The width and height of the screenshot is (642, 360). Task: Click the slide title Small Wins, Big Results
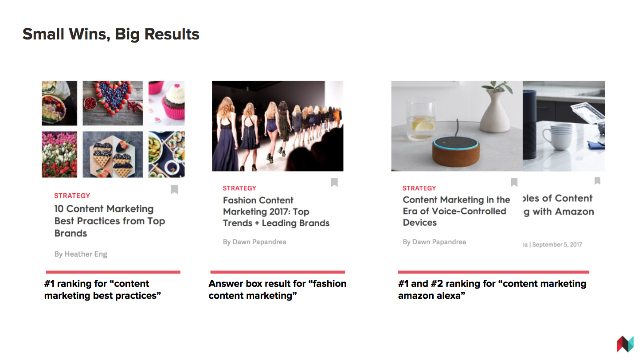pyautogui.click(x=111, y=35)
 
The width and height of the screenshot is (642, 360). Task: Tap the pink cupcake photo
pyautogui.click(x=167, y=103)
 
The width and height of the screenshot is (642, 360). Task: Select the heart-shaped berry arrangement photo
pyautogui.click(x=113, y=103)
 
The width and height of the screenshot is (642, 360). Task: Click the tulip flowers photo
pyautogui.click(x=59, y=154)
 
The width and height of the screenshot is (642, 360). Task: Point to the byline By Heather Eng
pyautogui.click(x=81, y=254)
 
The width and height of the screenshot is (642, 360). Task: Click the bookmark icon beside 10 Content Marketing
pyautogui.click(x=174, y=189)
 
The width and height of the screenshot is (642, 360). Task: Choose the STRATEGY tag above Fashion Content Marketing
pyautogui.click(x=239, y=188)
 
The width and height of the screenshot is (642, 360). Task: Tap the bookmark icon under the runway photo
pyautogui.click(x=334, y=182)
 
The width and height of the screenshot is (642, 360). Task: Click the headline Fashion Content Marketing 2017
pyautogui.click(x=276, y=211)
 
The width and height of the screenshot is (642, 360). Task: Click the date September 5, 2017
pyautogui.click(x=557, y=244)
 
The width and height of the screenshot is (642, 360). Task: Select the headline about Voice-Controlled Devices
pyautogui.click(x=456, y=211)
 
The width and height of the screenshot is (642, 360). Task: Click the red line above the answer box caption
pyautogui.click(x=278, y=272)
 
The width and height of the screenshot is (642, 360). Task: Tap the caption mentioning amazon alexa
pyautogui.click(x=492, y=290)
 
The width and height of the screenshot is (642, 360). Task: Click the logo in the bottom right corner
pyautogui.click(x=626, y=344)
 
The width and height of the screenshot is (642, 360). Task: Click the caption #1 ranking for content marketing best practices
pyautogui.click(x=102, y=290)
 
